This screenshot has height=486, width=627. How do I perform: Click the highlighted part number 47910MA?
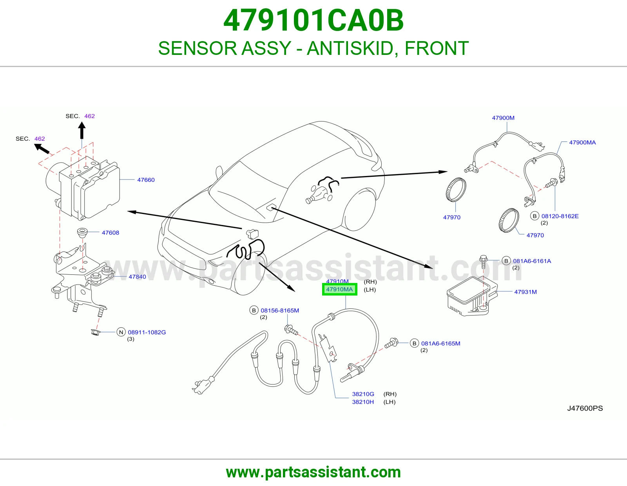coord(339,289)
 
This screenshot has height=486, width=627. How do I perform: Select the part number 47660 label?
coord(146,180)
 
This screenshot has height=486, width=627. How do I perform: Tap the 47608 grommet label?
coord(110,232)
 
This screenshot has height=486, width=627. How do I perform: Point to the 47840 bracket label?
coord(137,277)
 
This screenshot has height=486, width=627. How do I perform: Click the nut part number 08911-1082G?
coord(147,332)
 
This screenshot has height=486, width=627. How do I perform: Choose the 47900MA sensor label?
coord(582,142)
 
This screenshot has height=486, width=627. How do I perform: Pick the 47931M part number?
coord(526,292)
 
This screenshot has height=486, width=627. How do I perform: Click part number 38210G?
coord(363,394)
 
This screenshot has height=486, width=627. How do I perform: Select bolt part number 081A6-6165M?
coord(440,343)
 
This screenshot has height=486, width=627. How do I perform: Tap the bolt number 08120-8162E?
coord(560,216)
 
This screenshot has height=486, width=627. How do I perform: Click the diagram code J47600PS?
coord(585,408)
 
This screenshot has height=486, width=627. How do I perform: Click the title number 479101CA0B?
coord(313,20)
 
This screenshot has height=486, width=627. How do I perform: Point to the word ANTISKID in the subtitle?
coord(350,48)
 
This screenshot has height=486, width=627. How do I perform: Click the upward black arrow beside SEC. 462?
coord(82,131)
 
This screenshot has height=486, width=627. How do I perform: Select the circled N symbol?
coord(121,332)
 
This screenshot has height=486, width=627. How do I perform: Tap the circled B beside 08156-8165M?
coord(254,310)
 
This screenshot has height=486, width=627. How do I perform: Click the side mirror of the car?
coord(219,172)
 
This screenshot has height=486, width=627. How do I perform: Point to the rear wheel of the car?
coord(359,210)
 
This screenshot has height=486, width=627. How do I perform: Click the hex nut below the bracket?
coord(95,332)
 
